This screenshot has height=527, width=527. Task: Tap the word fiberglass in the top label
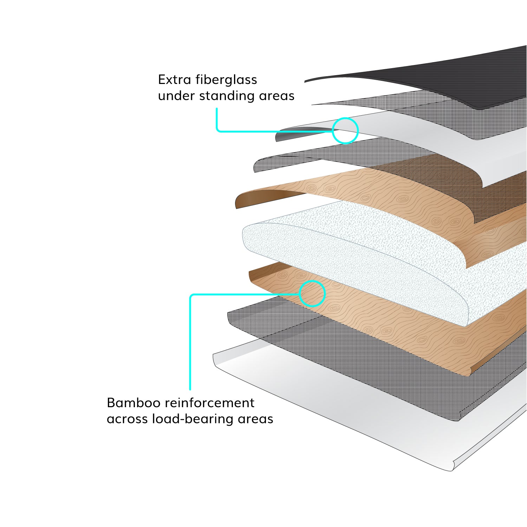point(226,80)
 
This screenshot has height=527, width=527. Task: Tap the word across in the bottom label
point(127,419)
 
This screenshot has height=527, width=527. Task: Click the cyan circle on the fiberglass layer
point(345,130)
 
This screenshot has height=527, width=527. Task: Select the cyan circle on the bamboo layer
point(312,293)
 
